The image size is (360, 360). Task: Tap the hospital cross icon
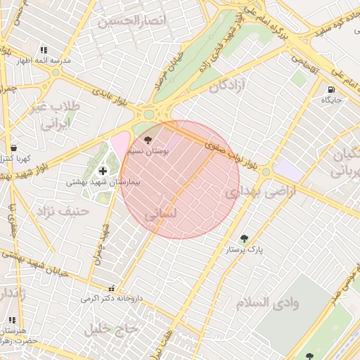[103, 170]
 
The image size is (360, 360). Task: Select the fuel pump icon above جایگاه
[330, 89]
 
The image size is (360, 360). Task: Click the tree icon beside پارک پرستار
[244, 238]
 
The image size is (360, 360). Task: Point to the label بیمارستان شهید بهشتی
[103, 181]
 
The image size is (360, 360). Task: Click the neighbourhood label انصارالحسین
[134, 21]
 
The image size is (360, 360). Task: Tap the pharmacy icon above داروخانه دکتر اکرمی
[110, 288]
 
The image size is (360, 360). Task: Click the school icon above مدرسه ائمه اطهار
[44, 51]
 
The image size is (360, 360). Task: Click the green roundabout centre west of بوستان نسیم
[148, 115]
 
